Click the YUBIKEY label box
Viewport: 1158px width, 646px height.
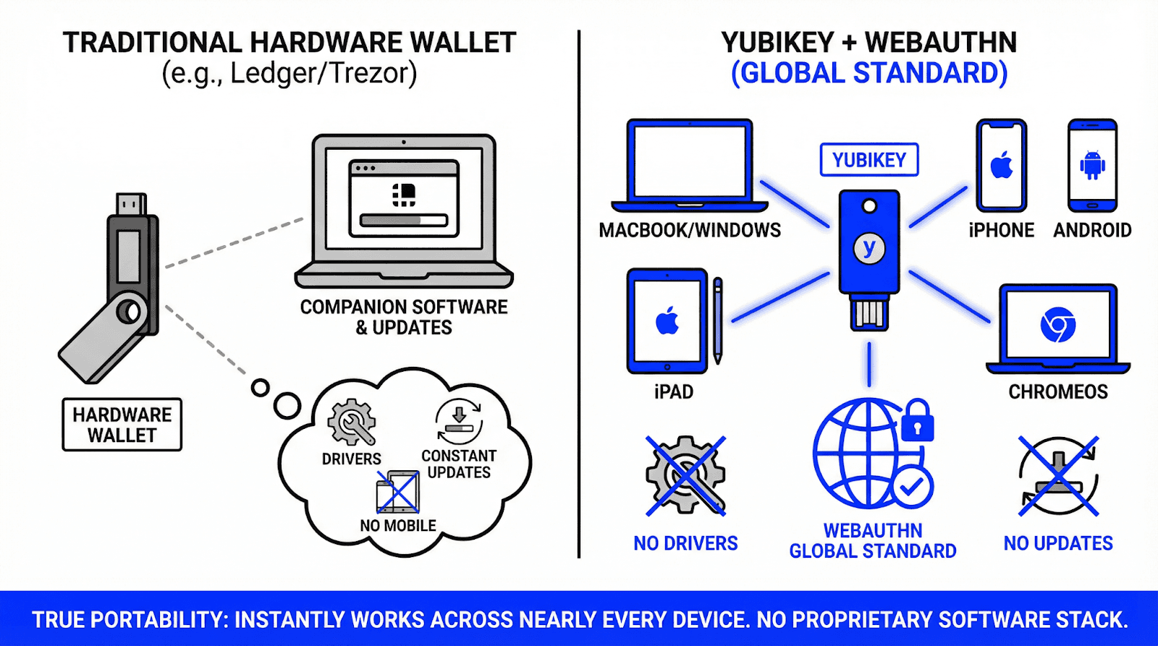pyautogui.click(x=868, y=160)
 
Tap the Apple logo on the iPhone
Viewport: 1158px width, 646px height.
pyautogui.click(x=1002, y=166)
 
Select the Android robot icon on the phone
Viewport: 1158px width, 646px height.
pyautogui.click(x=1092, y=165)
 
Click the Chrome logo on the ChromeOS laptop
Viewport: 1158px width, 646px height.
pyautogui.click(x=1057, y=325)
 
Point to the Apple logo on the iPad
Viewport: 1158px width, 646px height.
pyautogui.click(x=667, y=320)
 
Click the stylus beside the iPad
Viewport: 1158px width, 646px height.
pyautogui.click(x=717, y=320)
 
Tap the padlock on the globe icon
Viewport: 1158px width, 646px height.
pyautogui.click(x=917, y=421)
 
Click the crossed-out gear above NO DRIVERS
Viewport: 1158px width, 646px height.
pyautogui.click(x=685, y=475)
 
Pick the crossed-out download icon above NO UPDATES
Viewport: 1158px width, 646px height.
pyautogui.click(x=1058, y=476)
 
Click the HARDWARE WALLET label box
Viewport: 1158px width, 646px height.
pyautogui.click(x=122, y=425)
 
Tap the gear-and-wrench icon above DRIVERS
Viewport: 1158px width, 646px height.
pyautogui.click(x=352, y=422)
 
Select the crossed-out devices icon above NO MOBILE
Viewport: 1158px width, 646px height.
pyautogui.click(x=397, y=493)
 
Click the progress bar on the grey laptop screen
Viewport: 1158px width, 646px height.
pyautogui.click(x=404, y=220)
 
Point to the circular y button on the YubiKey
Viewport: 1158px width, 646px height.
pyautogui.click(x=869, y=248)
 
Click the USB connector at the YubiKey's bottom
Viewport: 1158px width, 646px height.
pyautogui.click(x=869, y=313)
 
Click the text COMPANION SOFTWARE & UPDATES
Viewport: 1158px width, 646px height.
pyautogui.click(x=404, y=317)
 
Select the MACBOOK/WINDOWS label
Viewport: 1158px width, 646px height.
pyautogui.click(x=690, y=230)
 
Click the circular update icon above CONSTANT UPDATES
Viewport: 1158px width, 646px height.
pyautogui.click(x=459, y=421)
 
